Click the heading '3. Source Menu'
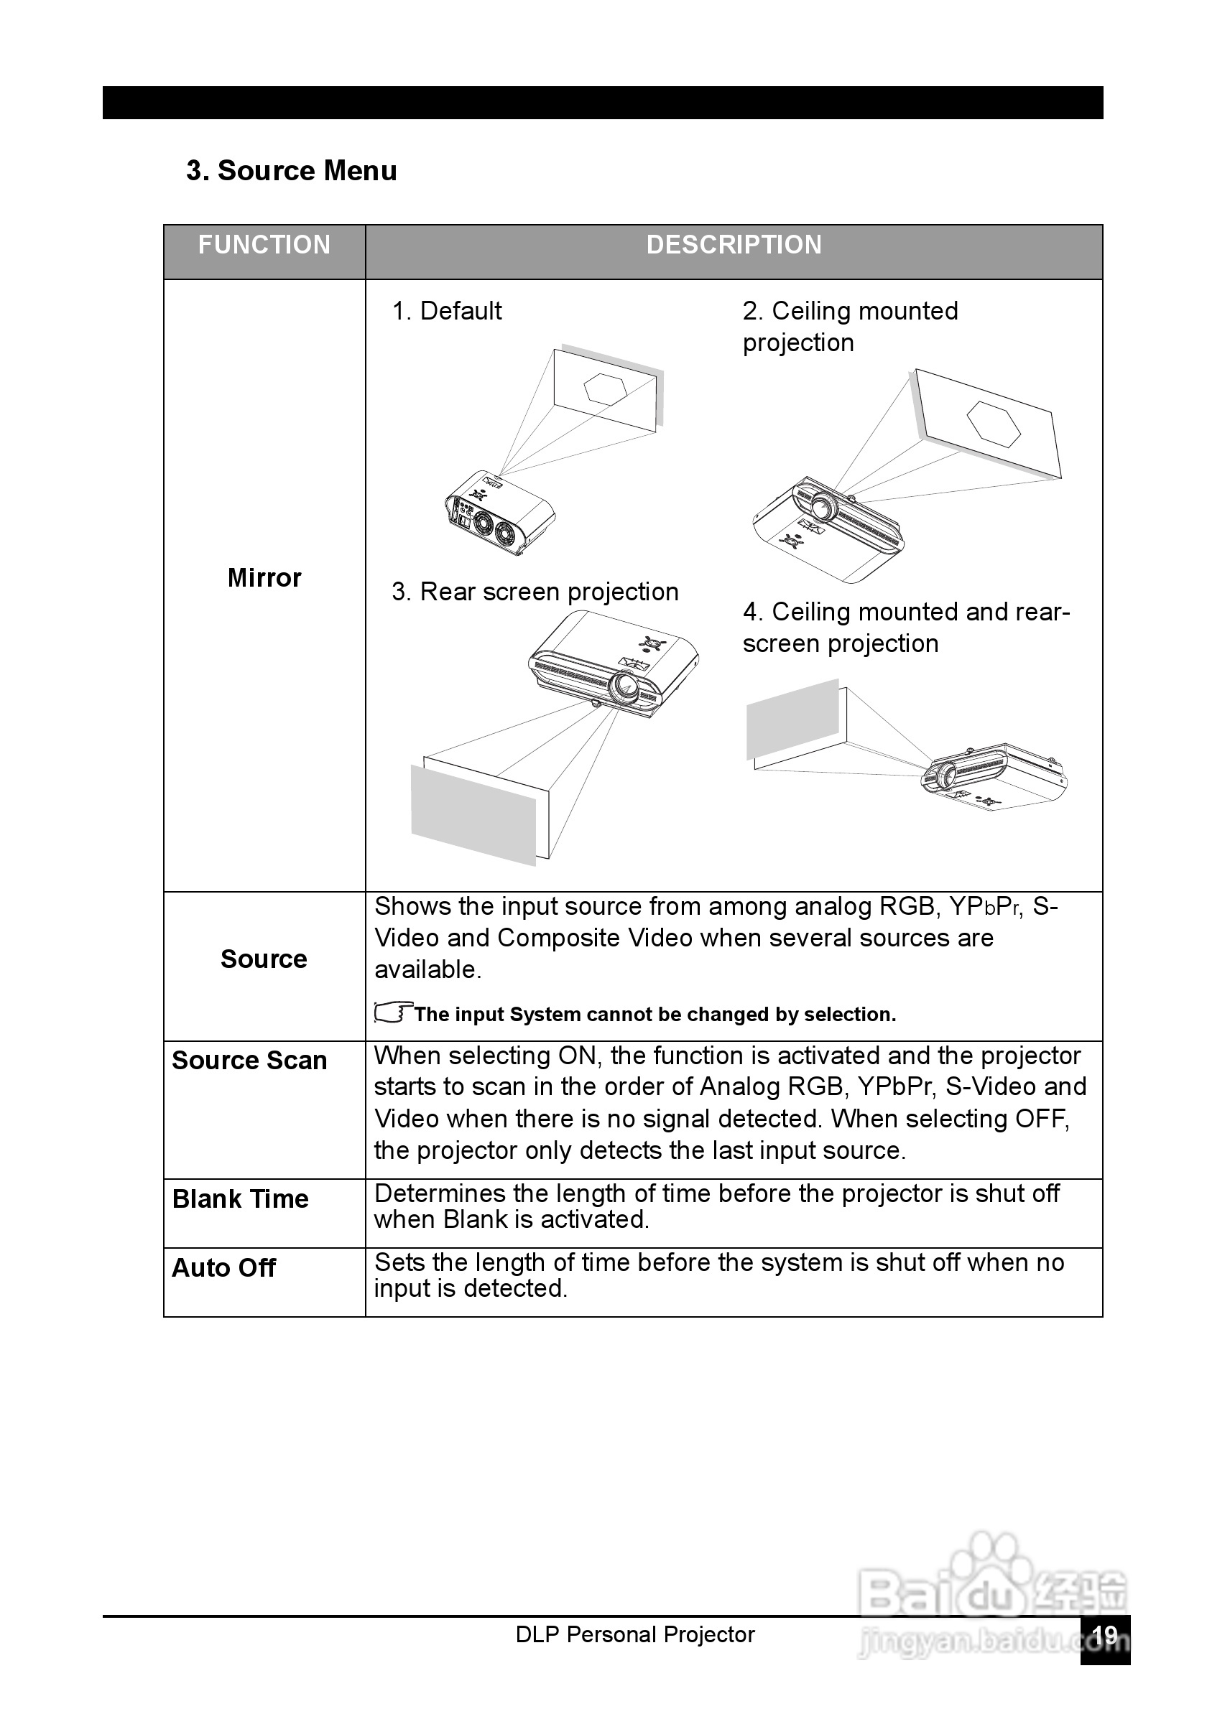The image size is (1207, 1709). (x=291, y=171)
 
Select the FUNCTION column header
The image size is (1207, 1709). (x=264, y=245)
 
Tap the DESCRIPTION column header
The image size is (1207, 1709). (x=734, y=245)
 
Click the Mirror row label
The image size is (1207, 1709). (x=264, y=577)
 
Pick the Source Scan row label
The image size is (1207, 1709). (x=249, y=1060)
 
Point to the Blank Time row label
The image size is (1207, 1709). (x=240, y=1199)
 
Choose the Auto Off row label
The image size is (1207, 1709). (x=223, y=1267)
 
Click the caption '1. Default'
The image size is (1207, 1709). (x=447, y=311)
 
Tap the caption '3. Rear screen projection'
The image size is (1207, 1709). (x=535, y=592)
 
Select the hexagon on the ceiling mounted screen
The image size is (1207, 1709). (x=994, y=424)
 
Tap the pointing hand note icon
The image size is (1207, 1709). (x=392, y=1013)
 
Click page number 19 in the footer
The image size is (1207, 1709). (x=1105, y=1635)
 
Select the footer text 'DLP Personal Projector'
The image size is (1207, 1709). (x=634, y=1634)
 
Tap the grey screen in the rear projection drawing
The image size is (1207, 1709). (x=473, y=814)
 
